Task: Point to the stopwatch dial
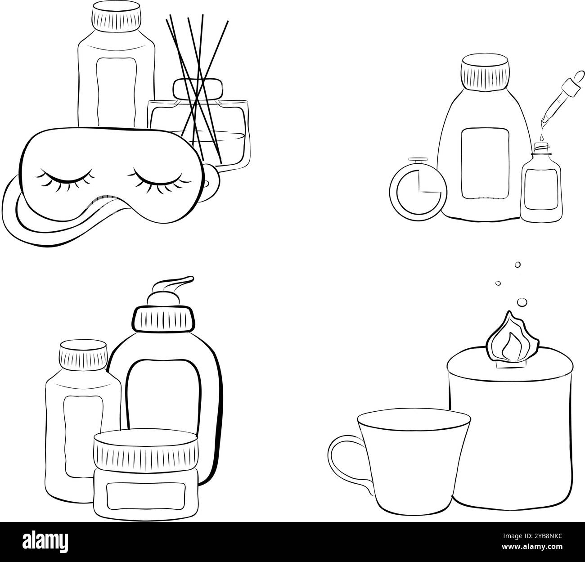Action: [x=418, y=191]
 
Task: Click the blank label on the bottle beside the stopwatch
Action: [x=484, y=163]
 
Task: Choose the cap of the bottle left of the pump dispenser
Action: [x=84, y=354]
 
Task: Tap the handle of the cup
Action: [x=349, y=461]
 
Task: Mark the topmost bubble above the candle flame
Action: [x=517, y=265]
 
